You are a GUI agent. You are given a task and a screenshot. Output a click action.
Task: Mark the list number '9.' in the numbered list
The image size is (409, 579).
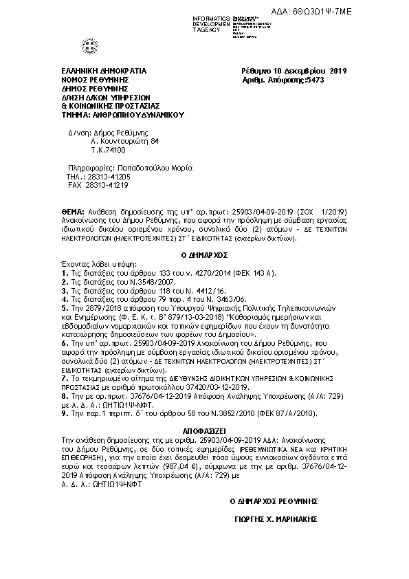(x=64, y=413)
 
